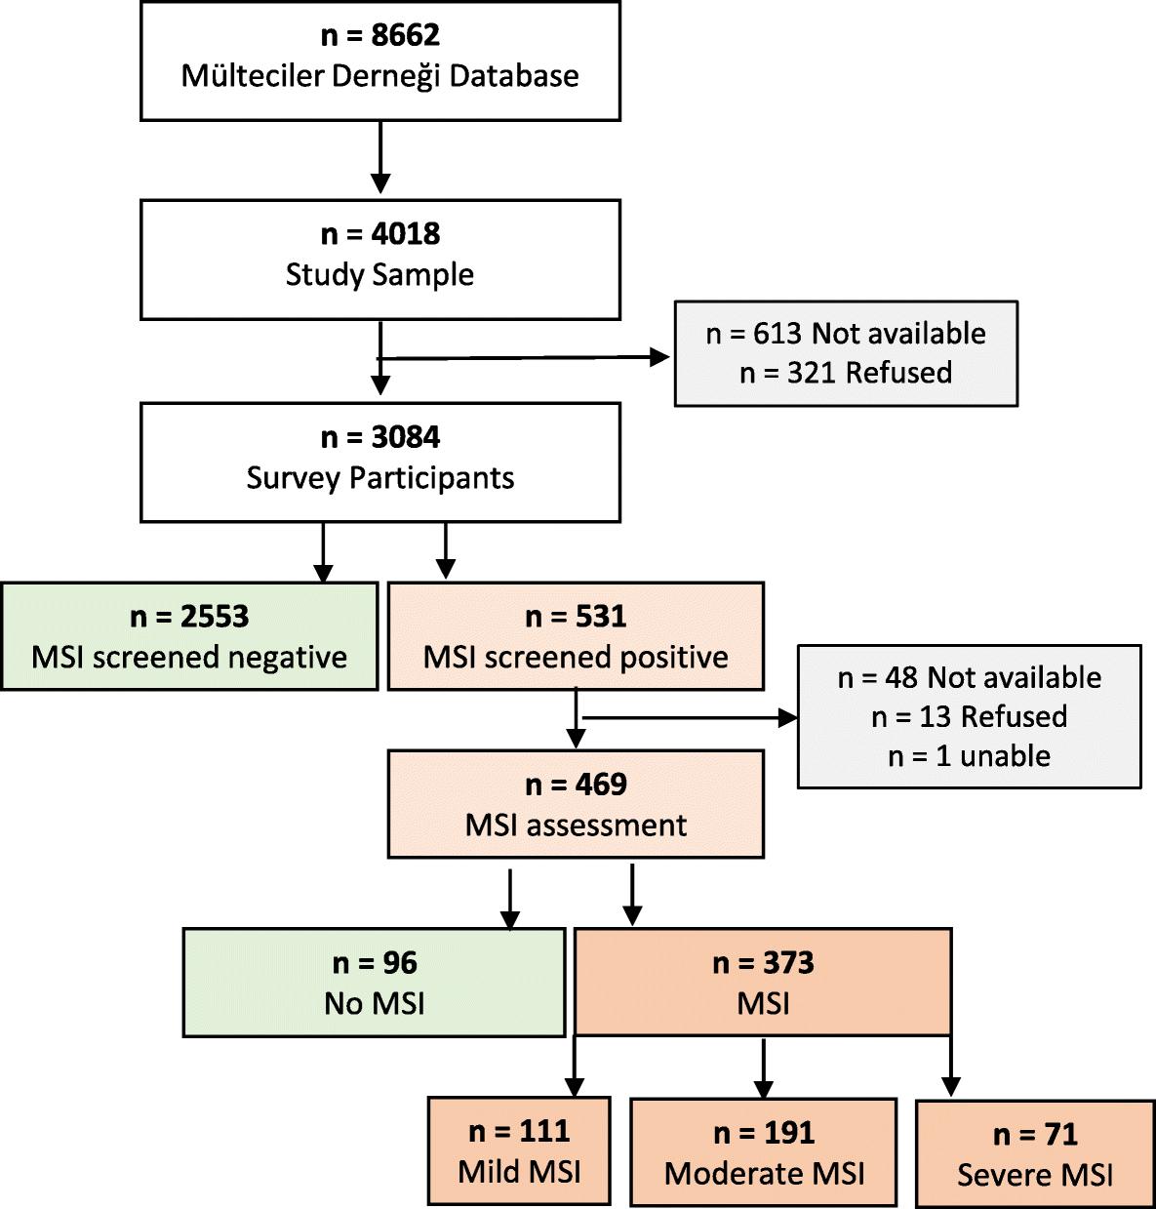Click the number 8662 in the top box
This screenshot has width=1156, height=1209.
405,35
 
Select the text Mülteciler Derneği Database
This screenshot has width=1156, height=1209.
379,76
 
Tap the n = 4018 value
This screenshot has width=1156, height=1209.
380,234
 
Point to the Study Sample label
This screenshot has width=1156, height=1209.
379,275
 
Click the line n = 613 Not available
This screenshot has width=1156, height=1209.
845,334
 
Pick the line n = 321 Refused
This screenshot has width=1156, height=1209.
845,373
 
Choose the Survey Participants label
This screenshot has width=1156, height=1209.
379,478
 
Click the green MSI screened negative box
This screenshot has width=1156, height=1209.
189,637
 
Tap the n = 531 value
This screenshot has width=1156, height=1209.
576,617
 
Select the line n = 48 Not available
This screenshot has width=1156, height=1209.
969,677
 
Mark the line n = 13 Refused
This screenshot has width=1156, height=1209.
969,717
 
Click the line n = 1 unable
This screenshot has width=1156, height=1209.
969,756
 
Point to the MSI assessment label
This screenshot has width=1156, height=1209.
576,826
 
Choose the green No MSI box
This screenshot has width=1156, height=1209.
375,983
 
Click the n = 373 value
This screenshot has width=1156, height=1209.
763,964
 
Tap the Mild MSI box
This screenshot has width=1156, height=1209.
519,1151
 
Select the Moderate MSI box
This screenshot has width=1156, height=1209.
764,1152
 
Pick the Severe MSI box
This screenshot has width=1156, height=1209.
1035,1154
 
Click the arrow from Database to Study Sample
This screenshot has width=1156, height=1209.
380,156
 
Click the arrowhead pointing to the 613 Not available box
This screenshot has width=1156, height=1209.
660,357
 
